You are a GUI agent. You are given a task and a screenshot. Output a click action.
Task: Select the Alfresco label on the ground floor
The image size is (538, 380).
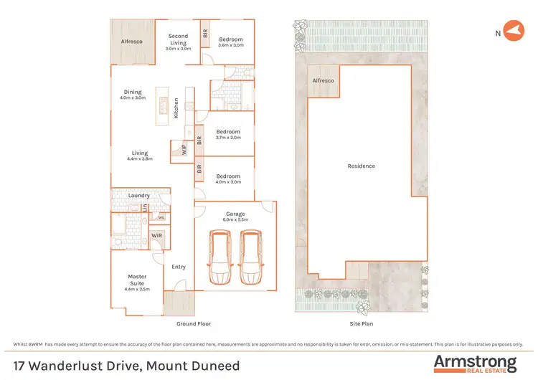(131, 42)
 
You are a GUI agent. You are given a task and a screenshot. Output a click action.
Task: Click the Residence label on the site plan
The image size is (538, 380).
(361, 166)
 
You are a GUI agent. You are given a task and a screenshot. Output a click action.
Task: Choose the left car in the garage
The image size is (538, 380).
(220, 257)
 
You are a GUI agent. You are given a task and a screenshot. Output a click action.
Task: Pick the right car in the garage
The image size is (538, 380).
(250, 257)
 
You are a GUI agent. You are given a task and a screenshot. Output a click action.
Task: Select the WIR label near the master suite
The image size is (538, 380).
(156, 235)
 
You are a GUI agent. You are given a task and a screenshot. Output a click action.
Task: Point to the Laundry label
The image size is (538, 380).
(138, 195)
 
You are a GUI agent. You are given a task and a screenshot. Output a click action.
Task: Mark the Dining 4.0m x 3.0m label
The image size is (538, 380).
(133, 95)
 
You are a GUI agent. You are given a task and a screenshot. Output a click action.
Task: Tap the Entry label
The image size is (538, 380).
(179, 267)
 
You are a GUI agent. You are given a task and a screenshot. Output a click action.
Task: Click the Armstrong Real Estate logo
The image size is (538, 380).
(474, 362)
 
